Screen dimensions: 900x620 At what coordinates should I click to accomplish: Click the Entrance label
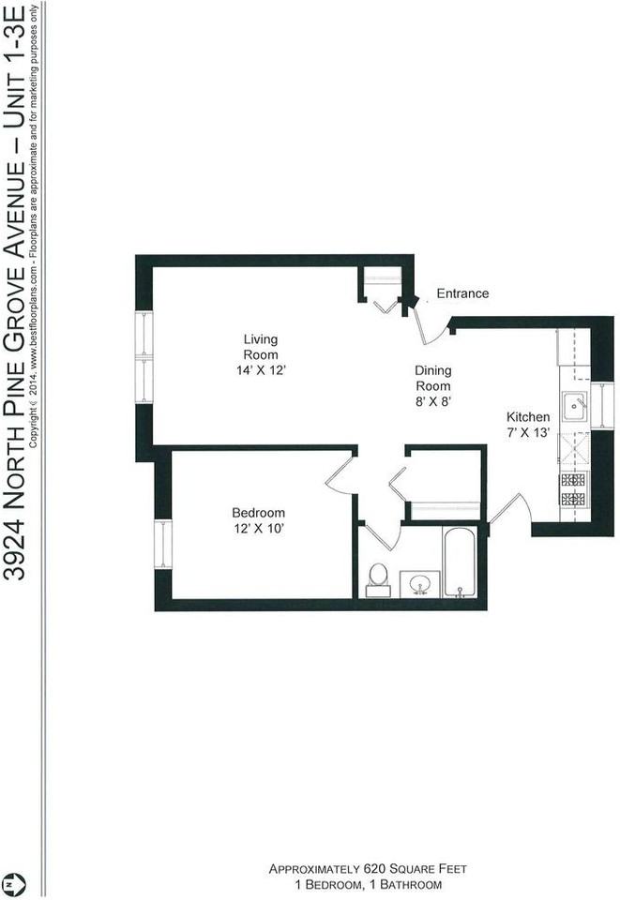pos(462,293)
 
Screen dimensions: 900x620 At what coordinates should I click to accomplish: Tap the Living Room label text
pos(261,347)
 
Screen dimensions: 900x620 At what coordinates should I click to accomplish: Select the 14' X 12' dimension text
pos(261,370)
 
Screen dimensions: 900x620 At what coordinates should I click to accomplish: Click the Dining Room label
pos(432,378)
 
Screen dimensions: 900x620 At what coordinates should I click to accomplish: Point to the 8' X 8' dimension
pos(432,400)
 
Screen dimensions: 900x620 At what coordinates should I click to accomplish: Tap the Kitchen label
pos(528,417)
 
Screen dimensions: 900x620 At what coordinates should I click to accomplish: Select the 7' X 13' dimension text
pos(528,433)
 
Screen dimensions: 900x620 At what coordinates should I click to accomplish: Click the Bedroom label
pos(258,513)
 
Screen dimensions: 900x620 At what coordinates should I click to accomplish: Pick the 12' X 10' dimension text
pos(258,529)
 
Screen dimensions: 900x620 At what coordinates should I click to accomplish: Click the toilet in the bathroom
pos(378,578)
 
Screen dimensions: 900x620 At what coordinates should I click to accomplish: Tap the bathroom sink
pos(420,584)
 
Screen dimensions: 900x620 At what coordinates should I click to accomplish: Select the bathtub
pos(461,562)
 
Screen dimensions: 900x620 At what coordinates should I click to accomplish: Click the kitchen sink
pos(574,406)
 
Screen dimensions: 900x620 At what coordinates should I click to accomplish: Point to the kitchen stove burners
pos(573,489)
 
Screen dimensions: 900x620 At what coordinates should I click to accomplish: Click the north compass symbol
pos(11,884)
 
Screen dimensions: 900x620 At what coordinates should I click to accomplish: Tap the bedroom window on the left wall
pos(163,544)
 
